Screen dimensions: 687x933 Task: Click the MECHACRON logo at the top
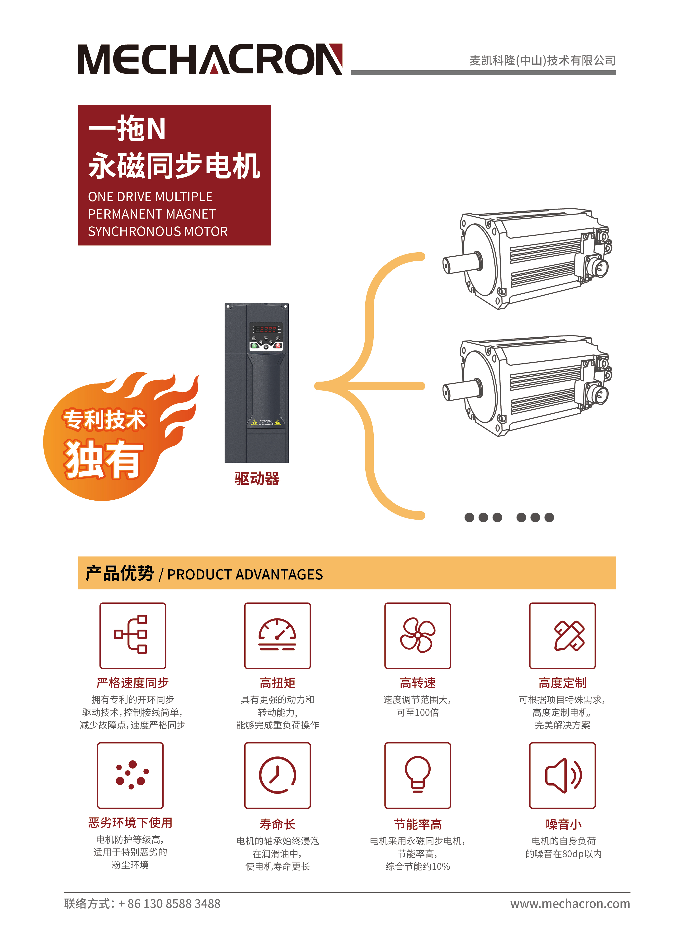(210, 59)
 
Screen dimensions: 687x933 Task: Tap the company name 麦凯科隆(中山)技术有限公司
(542, 60)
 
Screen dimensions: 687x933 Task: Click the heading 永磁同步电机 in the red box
(174, 166)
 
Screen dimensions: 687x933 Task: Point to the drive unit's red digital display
(266, 329)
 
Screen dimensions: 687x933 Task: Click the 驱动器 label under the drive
(257, 478)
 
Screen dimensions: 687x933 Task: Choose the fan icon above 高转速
(418, 635)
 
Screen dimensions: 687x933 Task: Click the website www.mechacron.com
(570, 904)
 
